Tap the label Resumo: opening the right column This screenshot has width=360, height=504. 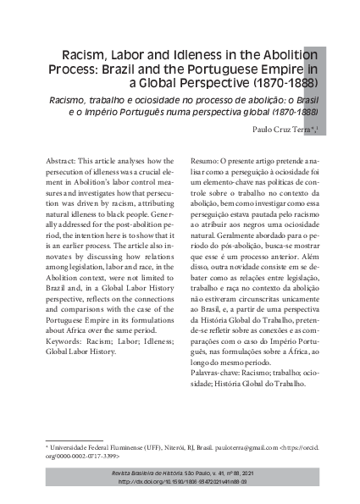[203, 159]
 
